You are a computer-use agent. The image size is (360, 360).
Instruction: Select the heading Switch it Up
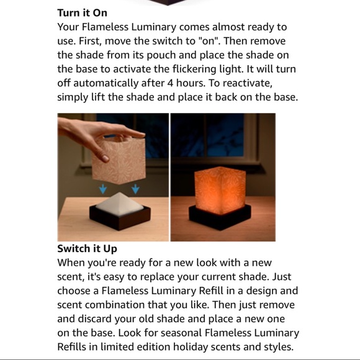click(87, 249)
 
